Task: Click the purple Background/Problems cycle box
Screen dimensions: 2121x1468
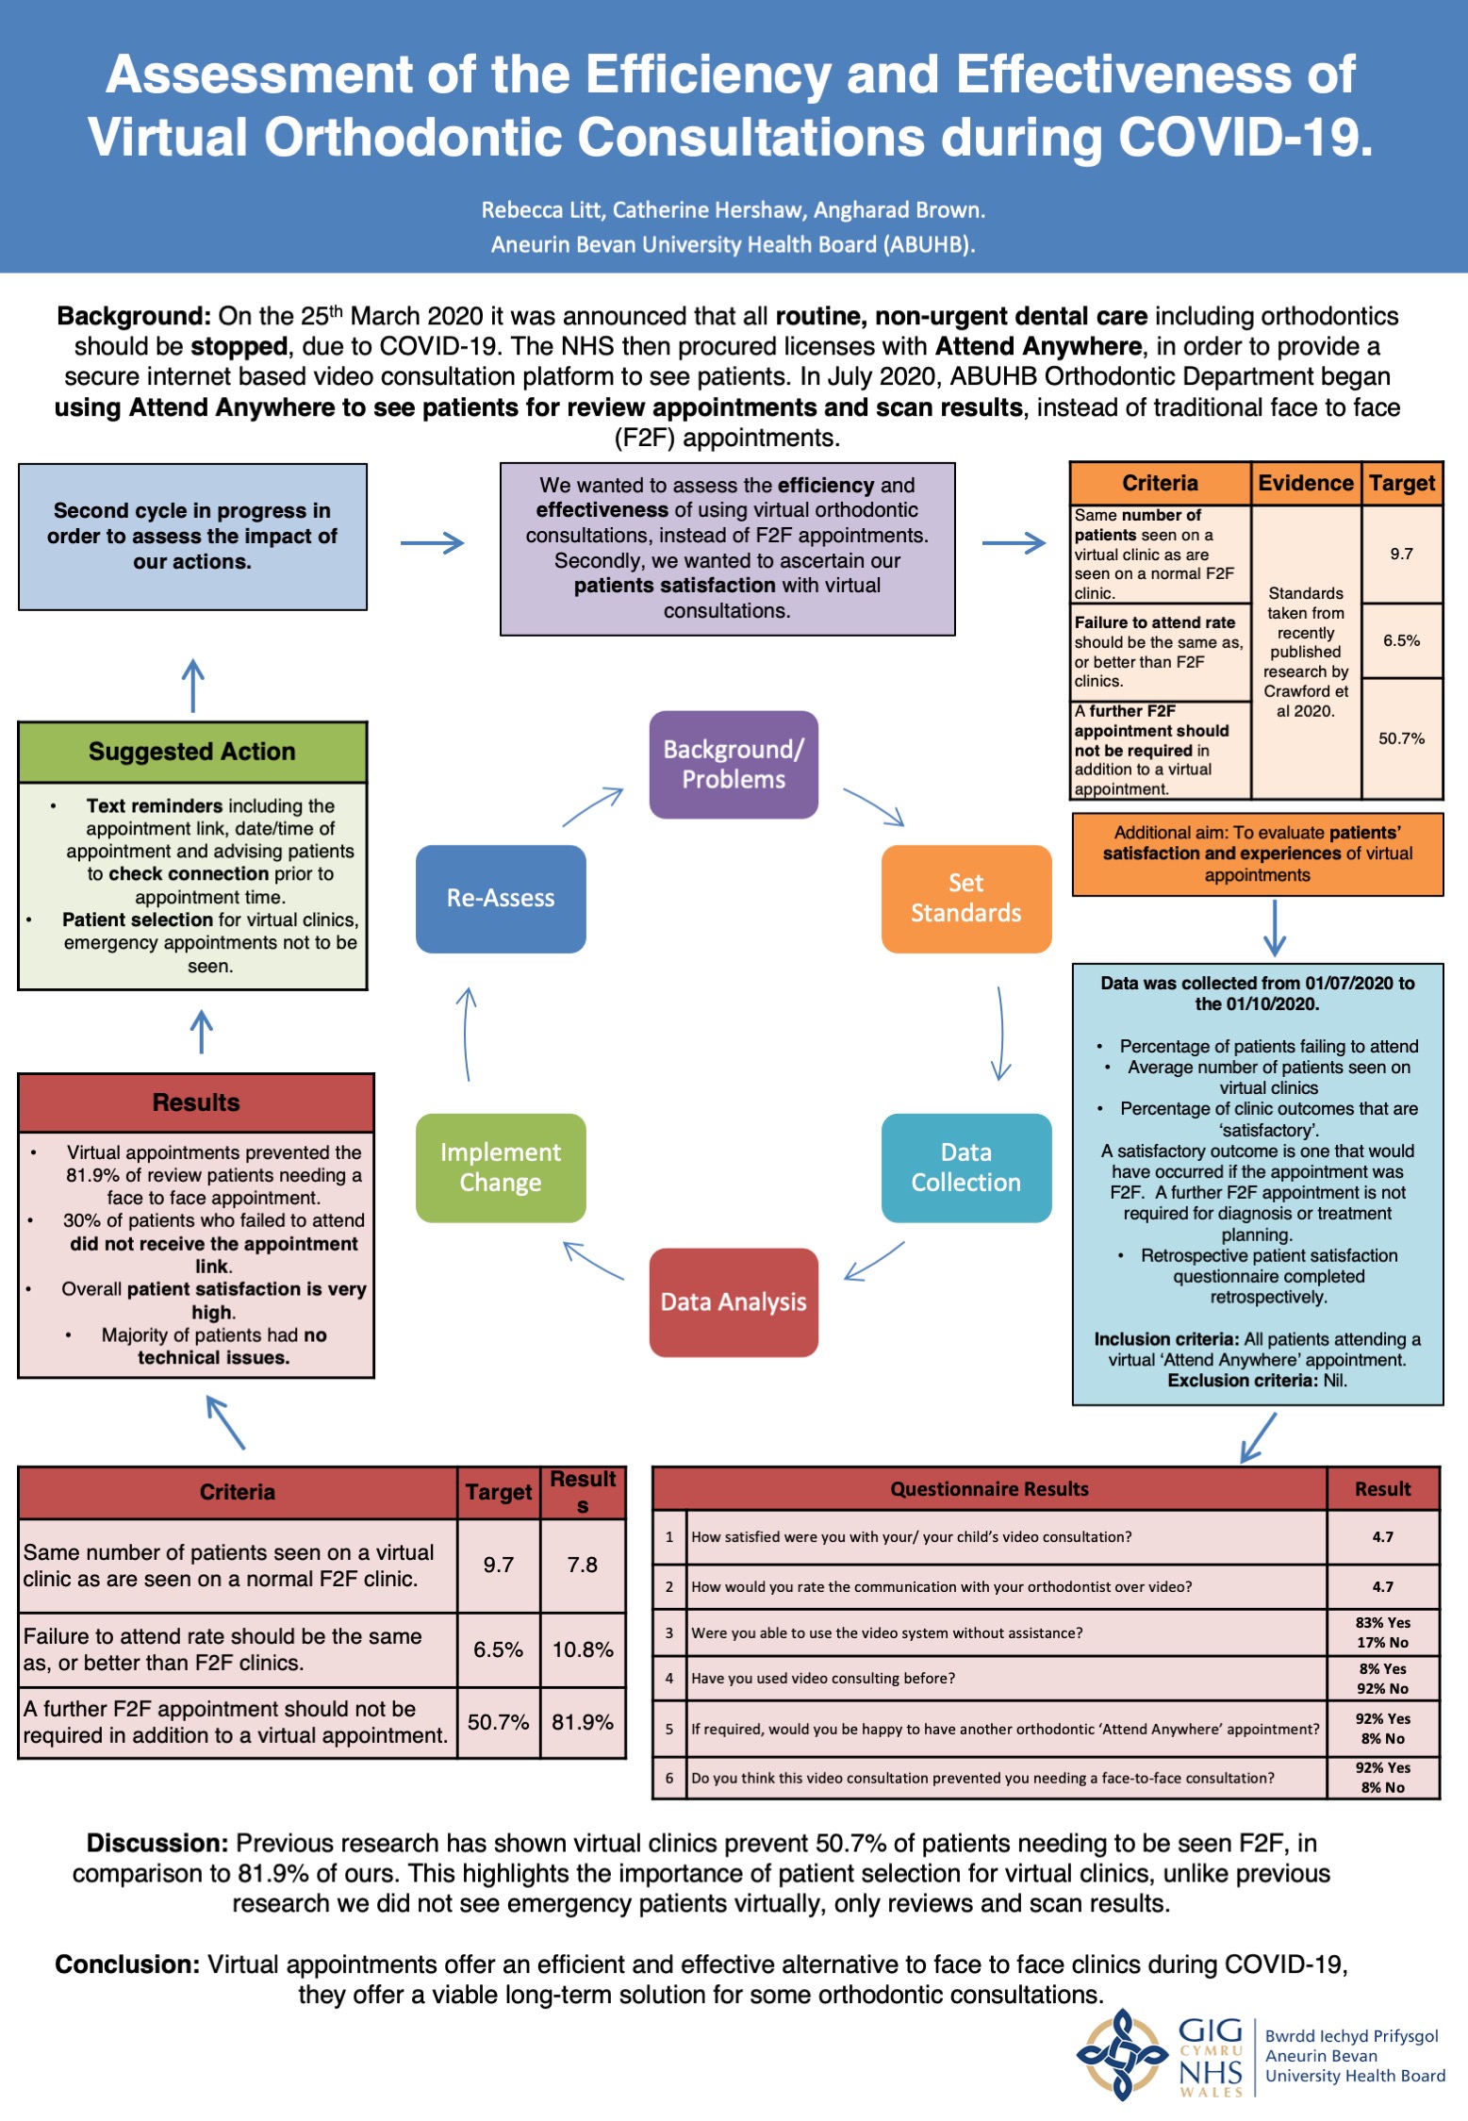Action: pyautogui.click(x=734, y=764)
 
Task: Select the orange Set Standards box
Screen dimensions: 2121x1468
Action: pyautogui.click(x=965, y=898)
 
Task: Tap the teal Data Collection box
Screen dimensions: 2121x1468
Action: pyautogui.click(x=965, y=1167)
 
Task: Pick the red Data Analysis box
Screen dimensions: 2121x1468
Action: pyautogui.click(x=734, y=1301)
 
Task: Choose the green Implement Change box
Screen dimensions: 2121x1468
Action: pyautogui.click(x=501, y=1167)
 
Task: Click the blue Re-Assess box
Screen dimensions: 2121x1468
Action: pyautogui.click(x=501, y=898)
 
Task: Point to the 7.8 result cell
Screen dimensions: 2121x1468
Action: pyautogui.click(x=583, y=1565)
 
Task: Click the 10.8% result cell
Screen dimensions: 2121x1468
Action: pyautogui.click(x=583, y=1649)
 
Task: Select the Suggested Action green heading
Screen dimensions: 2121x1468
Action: pyautogui.click(x=192, y=752)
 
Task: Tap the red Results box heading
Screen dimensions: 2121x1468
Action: pyautogui.click(x=196, y=1102)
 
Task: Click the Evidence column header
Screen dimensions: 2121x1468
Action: pyautogui.click(x=1306, y=483)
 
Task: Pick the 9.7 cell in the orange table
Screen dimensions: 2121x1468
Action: pyautogui.click(x=1402, y=554)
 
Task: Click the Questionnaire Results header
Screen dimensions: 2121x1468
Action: pyautogui.click(x=989, y=1488)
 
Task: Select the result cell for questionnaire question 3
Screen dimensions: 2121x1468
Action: pyautogui.click(x=1383, y=1632)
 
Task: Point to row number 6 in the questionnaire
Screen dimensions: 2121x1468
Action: pyautogui.click(x=669, y=1778)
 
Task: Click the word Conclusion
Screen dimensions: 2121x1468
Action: pyautogui.click(x=127, y=1964)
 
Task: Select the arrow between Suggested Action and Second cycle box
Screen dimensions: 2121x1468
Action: pyautogui.click(x=193, y=685)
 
